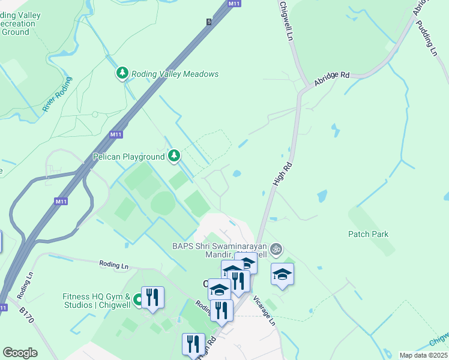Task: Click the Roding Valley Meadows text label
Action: click(175, 74)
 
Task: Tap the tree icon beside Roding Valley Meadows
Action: click(122, 73)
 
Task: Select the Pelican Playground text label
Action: click(128, 157)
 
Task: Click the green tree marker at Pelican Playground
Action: click(174, 156)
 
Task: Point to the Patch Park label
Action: click(368, 234)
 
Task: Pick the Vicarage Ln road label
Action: click(264, 310)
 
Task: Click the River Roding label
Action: click(58, 94)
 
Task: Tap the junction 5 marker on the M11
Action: click(209, 22)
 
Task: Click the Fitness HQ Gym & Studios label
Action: click(97, 301)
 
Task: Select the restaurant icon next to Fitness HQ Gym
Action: click(152, 296)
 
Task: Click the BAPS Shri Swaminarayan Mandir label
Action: click(220, 251)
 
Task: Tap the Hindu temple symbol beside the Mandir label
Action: click(276, 248)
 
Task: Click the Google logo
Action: click(20, 353)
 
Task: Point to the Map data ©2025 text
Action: click(424, 355)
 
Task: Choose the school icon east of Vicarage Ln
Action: click(282, 274)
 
